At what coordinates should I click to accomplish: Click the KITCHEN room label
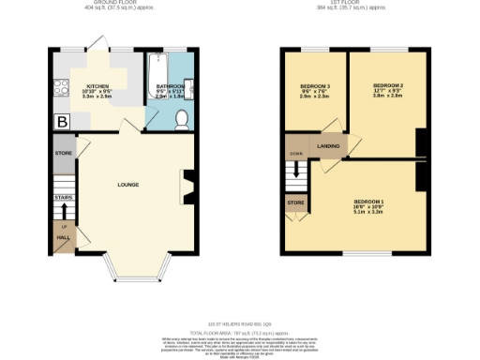(x=97, y=83)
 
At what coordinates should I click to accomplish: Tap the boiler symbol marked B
(x=63, y=121)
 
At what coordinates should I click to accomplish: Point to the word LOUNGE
(x=128, y=185)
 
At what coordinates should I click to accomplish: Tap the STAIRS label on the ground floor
(x=64, y=198)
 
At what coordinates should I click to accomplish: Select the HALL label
(x=64, y=238)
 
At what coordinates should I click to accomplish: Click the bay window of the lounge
(x=138, y=273)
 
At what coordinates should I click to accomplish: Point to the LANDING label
(x=328, y=146)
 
